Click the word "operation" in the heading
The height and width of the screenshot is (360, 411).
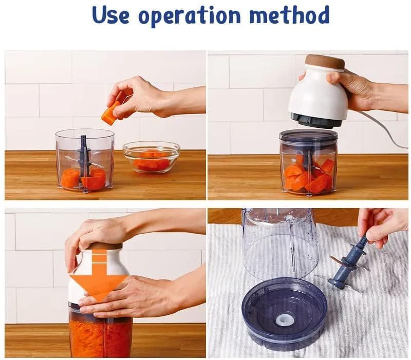tap(189, 16)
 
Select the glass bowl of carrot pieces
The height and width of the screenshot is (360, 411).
tap(152, 157)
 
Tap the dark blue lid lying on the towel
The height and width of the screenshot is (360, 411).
tap(285, 313)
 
